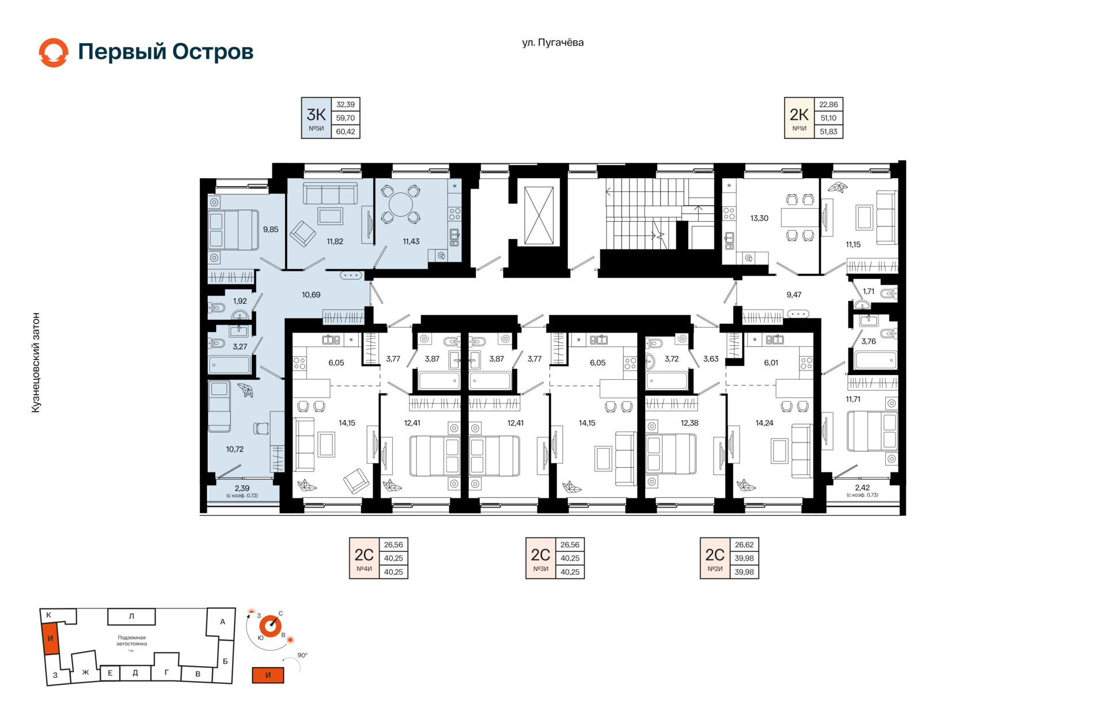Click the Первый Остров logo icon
54,52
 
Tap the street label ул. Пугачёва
552,43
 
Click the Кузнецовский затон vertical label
36,362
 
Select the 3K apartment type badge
316,118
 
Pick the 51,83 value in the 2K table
828,131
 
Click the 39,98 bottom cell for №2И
744,572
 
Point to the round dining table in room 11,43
401,205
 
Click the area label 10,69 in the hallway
311,294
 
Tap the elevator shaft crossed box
539,215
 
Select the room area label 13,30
759,218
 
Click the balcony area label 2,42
862,487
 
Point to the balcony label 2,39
242,488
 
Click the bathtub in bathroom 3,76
876,361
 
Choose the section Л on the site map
131,617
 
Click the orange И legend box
268,675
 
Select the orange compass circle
270,626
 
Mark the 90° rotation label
302,655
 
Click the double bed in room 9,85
233,230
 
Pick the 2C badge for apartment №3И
540,558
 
